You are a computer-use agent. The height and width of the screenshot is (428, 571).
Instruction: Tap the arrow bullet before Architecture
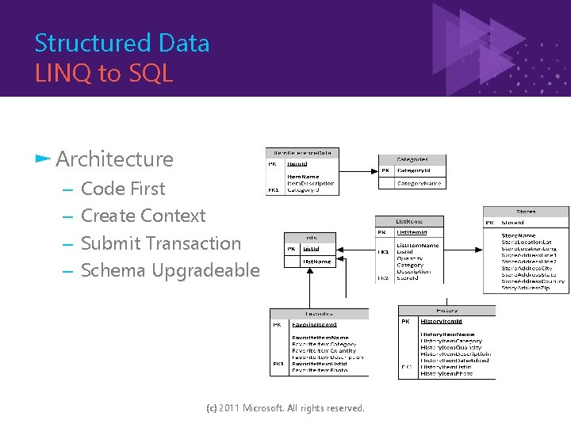point(43,159)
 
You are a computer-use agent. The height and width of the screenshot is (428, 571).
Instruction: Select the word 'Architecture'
point(114,159)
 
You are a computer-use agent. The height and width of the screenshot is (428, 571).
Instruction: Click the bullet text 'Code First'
point(123,189)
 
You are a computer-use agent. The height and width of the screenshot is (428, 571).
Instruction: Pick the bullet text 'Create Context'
point(143,216)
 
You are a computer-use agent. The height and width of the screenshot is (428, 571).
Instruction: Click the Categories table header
point(412,159)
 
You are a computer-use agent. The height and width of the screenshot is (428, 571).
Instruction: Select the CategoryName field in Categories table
point(420,183)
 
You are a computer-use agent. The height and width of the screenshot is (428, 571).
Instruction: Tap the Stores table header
point(526,212)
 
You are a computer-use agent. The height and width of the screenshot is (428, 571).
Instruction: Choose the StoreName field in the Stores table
point(518,235)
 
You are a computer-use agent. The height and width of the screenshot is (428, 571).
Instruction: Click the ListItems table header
point(409,222)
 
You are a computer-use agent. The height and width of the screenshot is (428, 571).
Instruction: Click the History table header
point(446,311)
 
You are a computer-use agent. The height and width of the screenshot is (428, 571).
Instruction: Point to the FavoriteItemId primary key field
point(315,324)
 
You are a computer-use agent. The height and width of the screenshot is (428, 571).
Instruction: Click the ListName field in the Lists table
point(316,261)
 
